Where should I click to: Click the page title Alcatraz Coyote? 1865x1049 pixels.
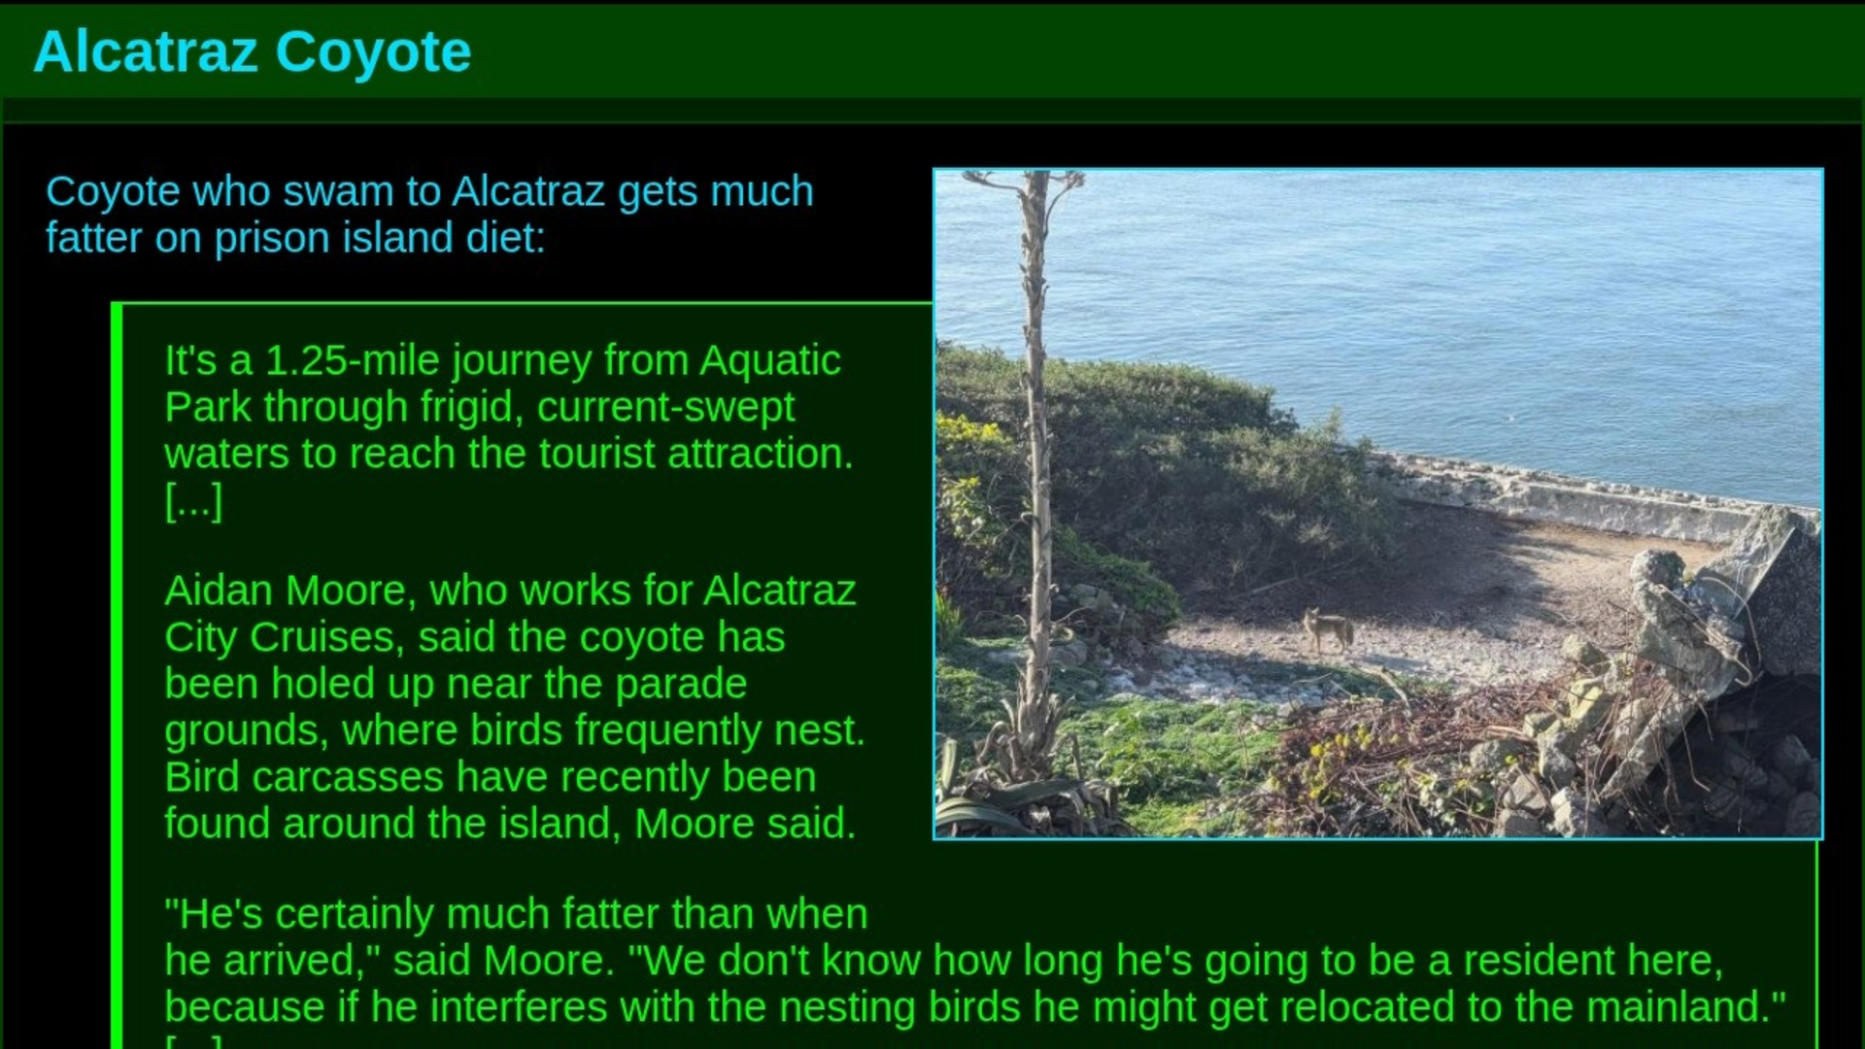click(x=253, y=51)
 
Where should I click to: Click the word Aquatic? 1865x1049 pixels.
click(x=769, y=361)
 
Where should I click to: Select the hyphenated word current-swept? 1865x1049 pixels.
click(x=665, y=408)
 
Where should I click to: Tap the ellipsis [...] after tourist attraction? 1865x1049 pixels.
click(x=193, y=501)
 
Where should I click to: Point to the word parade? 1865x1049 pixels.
click(x=681, y=686)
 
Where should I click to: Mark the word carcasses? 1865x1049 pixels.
click(x=347, y=778)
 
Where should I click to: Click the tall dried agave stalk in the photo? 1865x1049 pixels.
click(x=1037, y=466)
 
